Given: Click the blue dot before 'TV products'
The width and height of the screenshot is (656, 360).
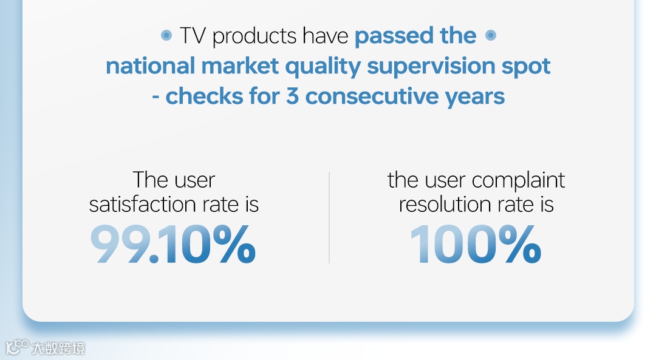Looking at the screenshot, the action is pos(166,36).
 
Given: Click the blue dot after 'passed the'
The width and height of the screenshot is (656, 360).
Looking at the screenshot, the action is pos(491,36).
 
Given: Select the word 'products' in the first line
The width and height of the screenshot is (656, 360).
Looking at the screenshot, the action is pos(255,36).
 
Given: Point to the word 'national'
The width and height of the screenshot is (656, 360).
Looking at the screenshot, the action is pos(150,66).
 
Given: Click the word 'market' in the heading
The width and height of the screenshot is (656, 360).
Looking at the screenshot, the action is pos(240,66).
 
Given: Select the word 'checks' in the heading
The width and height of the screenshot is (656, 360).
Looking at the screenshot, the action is pos(205,97).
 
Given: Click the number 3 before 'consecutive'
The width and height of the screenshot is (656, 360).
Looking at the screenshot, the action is pos(292,97).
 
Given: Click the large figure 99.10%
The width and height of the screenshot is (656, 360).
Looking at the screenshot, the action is pos(173,244).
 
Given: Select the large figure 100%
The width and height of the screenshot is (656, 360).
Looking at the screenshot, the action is pos(476,244).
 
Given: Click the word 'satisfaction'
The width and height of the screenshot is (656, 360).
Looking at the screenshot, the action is pos(143,205).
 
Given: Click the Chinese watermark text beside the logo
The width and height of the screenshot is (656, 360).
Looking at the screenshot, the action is pos(58,348).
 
